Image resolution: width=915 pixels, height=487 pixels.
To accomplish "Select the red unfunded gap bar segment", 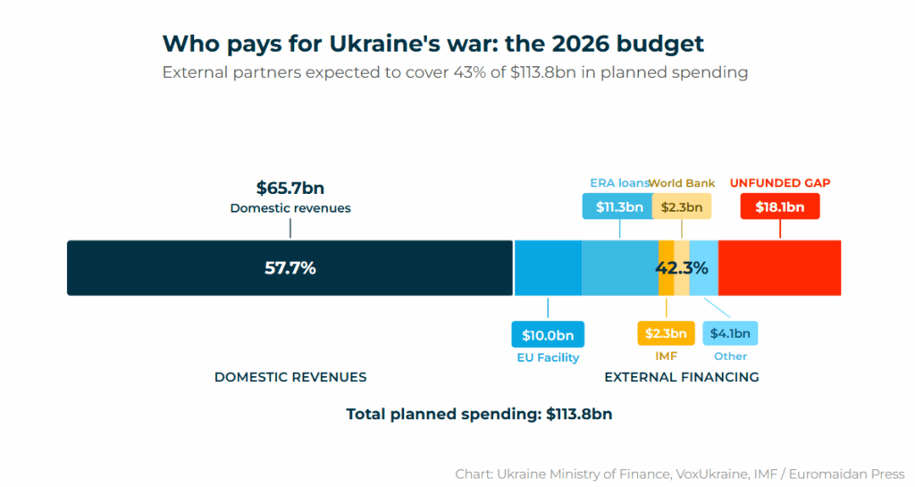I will tap(779, 267).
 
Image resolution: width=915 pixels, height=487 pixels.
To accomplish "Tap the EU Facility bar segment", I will tap(548, 267).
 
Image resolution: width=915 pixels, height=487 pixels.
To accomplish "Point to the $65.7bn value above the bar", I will tap(290, 189).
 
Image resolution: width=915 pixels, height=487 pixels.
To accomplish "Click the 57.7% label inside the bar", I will tap(290, 267).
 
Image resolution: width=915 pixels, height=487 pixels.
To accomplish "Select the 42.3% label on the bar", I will tap(682, 267).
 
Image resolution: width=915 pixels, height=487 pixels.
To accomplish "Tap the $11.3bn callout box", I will tap(619, 206).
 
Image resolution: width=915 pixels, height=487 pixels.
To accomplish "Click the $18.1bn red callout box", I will tap(780, 206).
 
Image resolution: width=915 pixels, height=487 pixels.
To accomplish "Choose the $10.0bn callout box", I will tap(548, 335).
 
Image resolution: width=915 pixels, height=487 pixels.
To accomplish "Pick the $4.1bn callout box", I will tap(730, 334).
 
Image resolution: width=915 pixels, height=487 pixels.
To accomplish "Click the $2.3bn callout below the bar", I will tap(666, 334).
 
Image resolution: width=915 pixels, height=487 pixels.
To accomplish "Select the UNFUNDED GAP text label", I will tap(780, 183).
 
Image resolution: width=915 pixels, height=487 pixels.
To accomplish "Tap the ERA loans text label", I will tap(618, 183).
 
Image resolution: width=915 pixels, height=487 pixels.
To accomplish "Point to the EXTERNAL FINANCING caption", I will tap(682, 377).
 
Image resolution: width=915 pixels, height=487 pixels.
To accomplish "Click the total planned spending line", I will tap(479, 415).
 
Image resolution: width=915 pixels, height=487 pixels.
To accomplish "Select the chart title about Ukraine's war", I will tap(432, 44).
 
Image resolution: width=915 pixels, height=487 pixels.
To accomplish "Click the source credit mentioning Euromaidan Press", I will tap(680, 474).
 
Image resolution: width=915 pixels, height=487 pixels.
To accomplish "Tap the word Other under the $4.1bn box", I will tap(730, 357).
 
